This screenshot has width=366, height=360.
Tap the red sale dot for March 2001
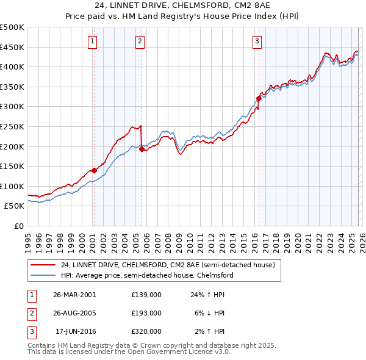[x=94, y=170]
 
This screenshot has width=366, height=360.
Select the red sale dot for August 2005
[x=142, y=149]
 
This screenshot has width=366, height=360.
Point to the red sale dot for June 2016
[x=259, y=98]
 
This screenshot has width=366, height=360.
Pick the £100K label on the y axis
[x=12, y=186]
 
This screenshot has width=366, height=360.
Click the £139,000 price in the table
[x=146, y=294]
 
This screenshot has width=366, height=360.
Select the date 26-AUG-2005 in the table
[x=74, y=312]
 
